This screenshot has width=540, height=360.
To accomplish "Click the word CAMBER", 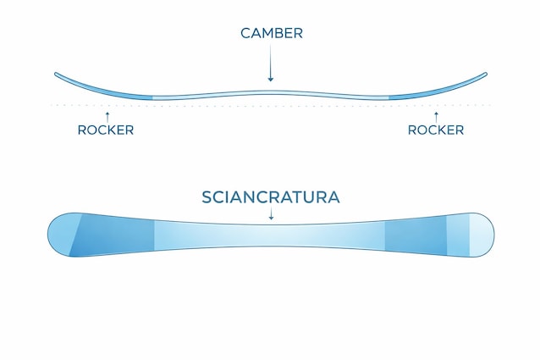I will coord(271,33).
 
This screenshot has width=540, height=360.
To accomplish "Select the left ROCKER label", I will coord(106,130).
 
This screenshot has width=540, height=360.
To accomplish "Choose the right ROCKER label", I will coord(436,130).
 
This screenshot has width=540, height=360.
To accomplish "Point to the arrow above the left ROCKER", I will coord(107,114).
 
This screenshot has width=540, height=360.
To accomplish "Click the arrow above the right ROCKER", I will coord(436,114).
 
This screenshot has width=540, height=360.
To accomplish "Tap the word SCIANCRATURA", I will coord(271,197).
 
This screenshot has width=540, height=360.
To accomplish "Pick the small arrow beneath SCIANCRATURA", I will coord(271,215).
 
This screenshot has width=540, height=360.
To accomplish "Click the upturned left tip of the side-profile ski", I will coord(58,75).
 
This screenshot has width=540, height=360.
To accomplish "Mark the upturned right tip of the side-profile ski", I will coord(483,75).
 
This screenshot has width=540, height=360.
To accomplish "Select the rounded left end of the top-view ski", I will coord(59,235).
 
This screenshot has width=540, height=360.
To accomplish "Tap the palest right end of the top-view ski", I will coord(482,235).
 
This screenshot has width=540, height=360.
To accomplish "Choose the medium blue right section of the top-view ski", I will coord(415,235).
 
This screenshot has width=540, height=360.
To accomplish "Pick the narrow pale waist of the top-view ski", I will coord(271,236).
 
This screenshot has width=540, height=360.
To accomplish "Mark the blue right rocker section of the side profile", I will coord(423,92).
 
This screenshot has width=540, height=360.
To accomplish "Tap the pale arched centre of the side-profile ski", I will coord(271,92).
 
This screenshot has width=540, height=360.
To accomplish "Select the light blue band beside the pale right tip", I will coord(458,235).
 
